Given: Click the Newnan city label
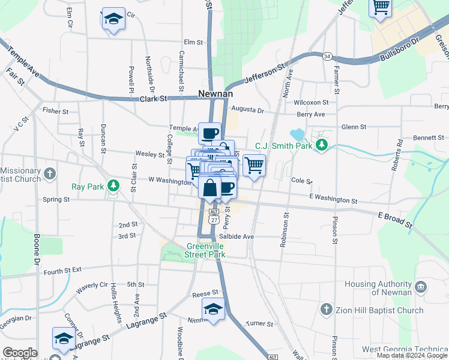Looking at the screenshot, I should [215, 94].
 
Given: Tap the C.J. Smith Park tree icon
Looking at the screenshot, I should [322, 145].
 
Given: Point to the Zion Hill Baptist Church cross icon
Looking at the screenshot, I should [326, 310].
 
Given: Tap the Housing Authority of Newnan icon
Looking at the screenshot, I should [421, 287].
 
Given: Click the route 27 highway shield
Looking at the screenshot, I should [214, 220].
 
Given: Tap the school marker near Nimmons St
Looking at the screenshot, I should [213, 309].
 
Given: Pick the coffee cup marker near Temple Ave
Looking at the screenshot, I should [209, 133].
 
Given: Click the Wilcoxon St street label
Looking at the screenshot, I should [312, 103].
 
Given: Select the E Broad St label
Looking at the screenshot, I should [395, 219].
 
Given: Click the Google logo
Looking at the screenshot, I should [19, 353].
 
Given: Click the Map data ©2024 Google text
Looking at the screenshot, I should [411, 355].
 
